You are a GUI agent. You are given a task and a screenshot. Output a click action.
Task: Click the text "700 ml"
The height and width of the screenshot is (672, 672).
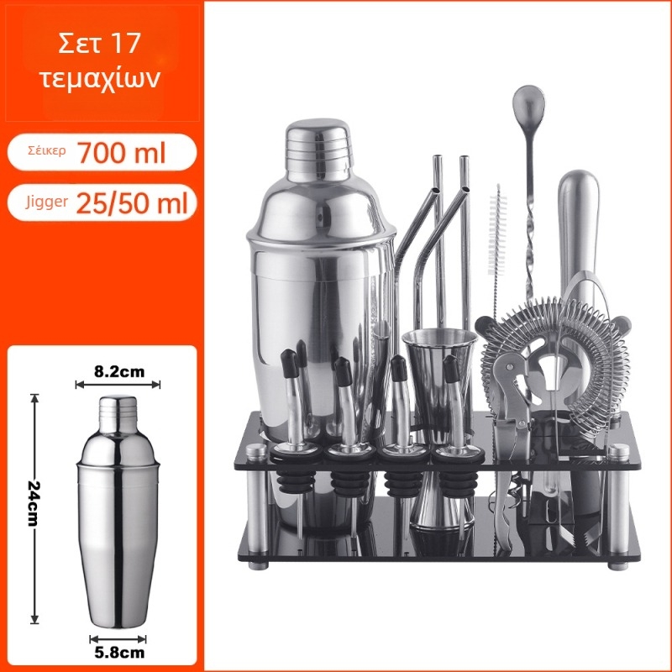(122, 152)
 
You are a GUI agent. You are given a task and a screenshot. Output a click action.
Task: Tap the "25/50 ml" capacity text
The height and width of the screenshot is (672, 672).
(132, 202)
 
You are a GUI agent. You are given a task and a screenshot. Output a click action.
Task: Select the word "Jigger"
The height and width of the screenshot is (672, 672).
(46, 202)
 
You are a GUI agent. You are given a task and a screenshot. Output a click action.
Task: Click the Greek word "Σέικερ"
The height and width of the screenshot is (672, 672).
(47, 151)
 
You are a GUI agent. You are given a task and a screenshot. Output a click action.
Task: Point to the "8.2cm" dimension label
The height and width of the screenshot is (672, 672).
(119, 371)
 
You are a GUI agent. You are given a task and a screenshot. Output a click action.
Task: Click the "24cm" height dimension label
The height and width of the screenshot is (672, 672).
(34, 503)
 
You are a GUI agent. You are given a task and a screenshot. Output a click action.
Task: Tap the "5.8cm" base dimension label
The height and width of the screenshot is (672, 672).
(119, 653)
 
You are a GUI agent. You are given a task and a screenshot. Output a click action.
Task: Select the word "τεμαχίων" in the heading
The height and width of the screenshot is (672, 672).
(100, 78)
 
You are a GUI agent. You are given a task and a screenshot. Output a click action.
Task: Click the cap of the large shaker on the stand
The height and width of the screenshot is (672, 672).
(319, 150)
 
